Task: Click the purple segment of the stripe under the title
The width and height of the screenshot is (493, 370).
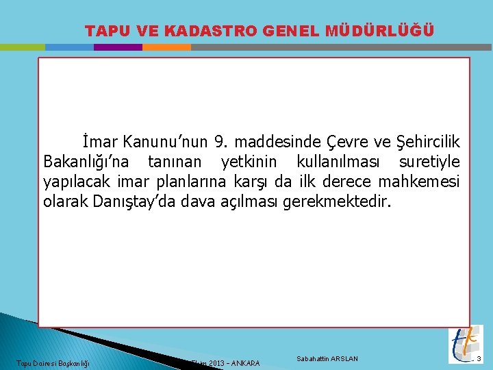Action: point(118,47)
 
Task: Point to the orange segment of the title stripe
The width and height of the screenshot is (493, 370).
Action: point(166,47)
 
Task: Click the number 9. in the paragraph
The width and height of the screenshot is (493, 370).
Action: point(220,142)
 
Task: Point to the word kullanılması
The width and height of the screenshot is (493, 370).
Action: point(336,162)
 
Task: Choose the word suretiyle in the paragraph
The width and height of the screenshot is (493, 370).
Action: point(429,162)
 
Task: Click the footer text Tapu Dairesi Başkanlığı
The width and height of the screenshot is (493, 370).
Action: point(53,362)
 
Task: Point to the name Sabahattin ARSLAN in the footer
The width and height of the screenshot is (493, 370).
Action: point(327,359)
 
